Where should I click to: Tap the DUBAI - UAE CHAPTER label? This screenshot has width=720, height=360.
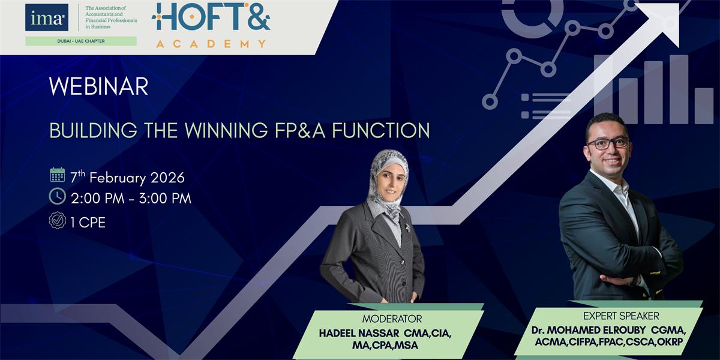tap(80, 41)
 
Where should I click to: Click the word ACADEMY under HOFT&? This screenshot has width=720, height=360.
tap(211, 43)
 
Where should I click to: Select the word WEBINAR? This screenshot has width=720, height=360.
tap(98, 88)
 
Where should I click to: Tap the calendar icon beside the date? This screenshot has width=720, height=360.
tap(58, 175)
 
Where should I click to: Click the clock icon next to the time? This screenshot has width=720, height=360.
tap(58, 196)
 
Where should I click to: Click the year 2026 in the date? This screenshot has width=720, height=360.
tap(168, 178)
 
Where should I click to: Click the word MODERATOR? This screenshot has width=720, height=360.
tap(392, 319)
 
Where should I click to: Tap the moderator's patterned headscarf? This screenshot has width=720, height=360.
tap(386, 180)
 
